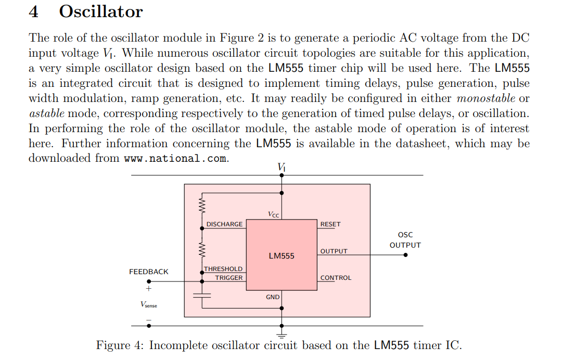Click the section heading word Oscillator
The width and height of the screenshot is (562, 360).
tap(101, 11)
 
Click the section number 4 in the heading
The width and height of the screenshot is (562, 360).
tap(34, 11)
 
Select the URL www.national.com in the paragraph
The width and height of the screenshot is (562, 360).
tap(176, 159)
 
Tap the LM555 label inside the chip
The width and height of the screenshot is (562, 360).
tap(282, 255)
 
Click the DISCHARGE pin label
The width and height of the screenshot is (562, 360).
tap(224, 224)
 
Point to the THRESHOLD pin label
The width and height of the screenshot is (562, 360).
tap(223, 269)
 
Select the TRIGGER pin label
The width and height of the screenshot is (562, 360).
tap(229, 278)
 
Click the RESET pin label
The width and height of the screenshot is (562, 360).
tap(330, 224)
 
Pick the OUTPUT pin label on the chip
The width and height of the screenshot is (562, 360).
tap(334, 251)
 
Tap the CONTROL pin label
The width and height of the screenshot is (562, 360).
tap(336, 278)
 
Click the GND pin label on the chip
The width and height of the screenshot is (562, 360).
tap(273, 297)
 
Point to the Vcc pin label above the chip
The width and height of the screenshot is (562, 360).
tap(273, 214)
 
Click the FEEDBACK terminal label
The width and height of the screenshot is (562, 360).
tap(149, 272)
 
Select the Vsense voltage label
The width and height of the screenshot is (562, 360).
tap(148, 305)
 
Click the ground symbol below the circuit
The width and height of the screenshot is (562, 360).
tap(282, 332)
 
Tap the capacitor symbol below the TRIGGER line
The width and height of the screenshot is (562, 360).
tap(202, 294)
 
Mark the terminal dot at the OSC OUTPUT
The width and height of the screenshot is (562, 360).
tap(405, 255)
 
